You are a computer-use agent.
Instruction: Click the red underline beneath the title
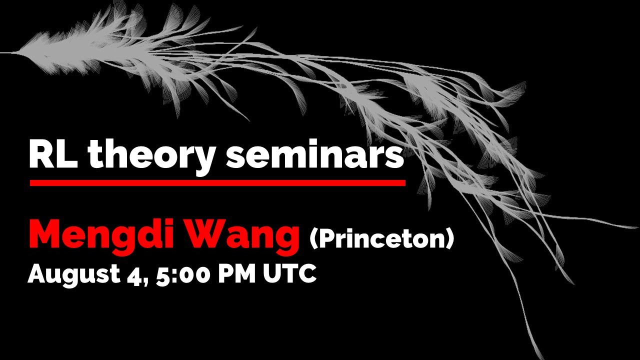click(x=217, y=183)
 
